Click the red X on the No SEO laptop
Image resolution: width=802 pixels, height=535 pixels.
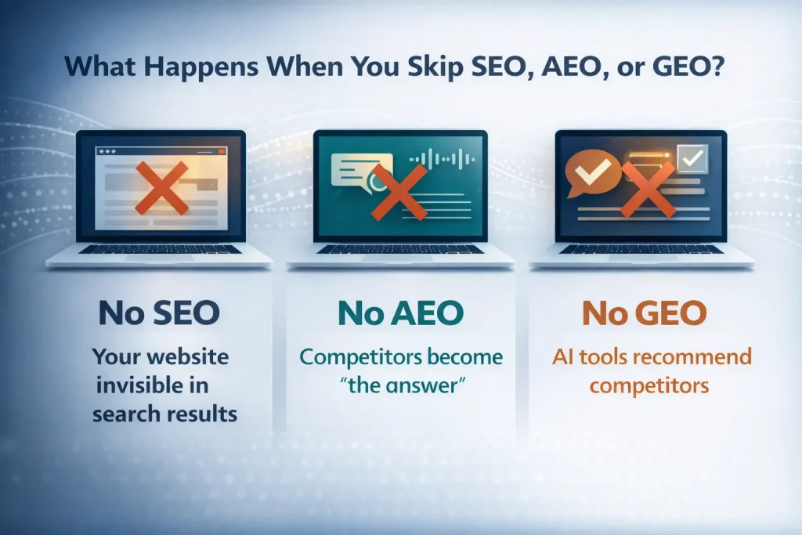tap(161, 188)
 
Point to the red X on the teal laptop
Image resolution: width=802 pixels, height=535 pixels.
tap(399, 190)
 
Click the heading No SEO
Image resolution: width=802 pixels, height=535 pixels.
tap(159, 313)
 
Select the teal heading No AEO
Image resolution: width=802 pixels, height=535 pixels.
tap(400, 313)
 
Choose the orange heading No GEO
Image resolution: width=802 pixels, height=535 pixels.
tap(644, 313)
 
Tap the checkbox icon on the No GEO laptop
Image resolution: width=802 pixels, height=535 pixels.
tap(692, 159)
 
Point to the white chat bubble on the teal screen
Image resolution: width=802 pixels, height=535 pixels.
tap(350, 168)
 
